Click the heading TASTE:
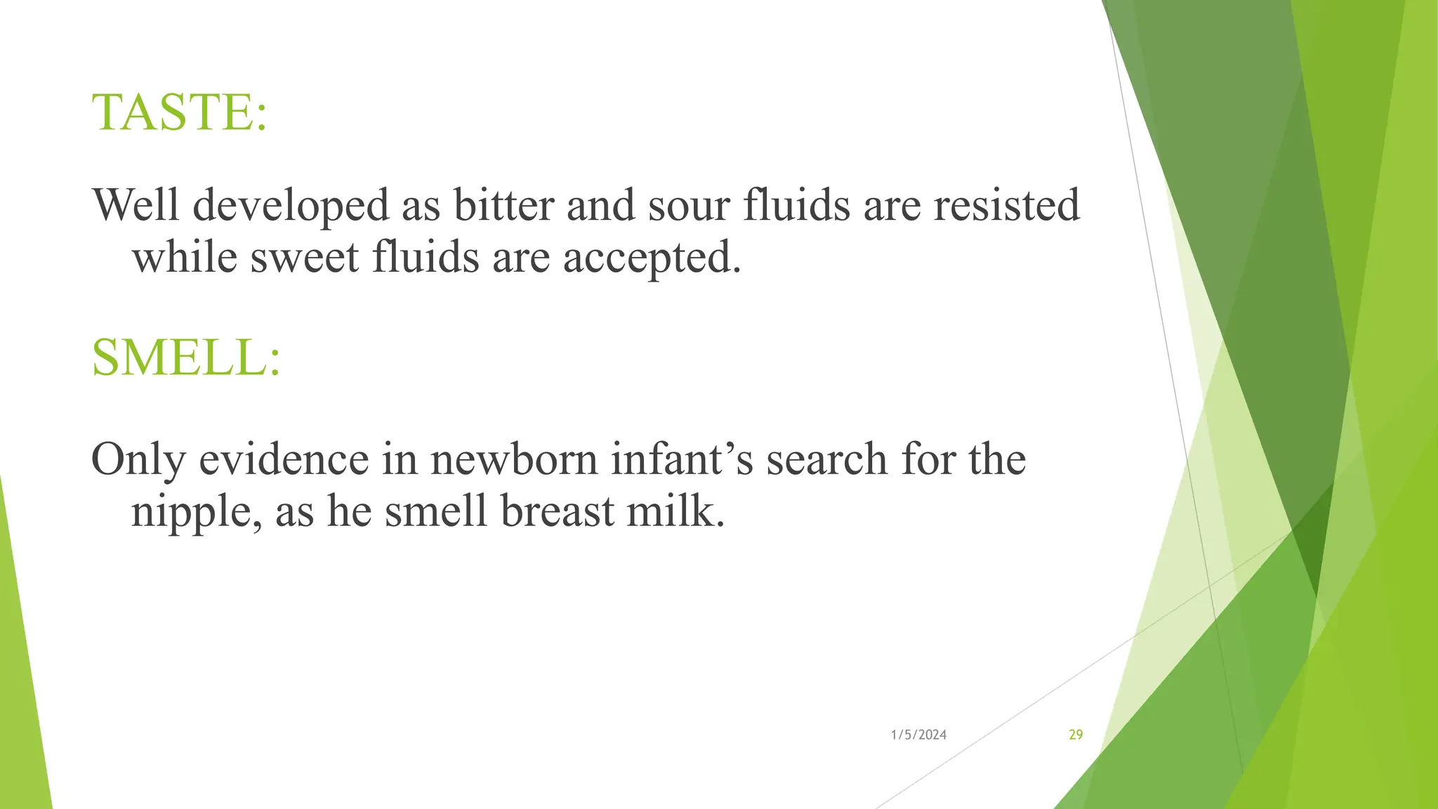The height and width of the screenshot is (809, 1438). [180, 112]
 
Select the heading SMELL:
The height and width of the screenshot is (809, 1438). [186, 358]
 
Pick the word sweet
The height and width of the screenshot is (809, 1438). [305, 257]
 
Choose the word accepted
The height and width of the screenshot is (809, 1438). [652, 258]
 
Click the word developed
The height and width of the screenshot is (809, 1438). [291, 206]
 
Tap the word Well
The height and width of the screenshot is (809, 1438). [136, 205]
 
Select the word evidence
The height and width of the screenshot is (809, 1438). [284, 459]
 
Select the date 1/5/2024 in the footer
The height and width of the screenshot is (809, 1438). [918, 735]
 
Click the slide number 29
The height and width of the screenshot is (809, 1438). [1076, 735]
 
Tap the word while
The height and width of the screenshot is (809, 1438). [185, 257]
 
